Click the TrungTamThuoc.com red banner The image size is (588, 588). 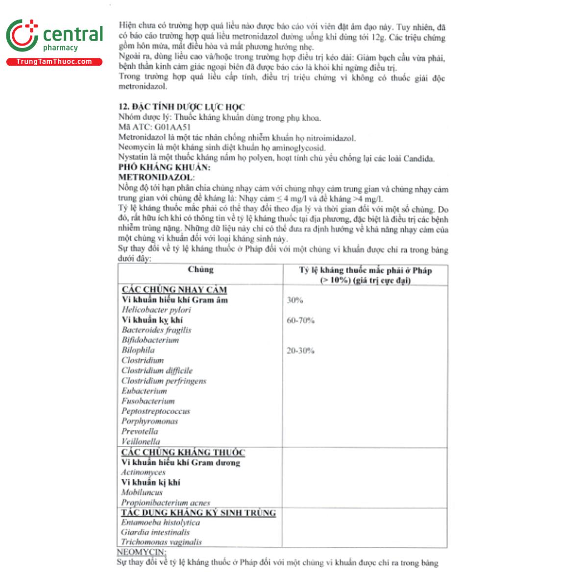(x=54, y=62)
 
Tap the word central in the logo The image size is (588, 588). (x=73, y=34)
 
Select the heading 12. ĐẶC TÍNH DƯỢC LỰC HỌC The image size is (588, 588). (x=181, y=107)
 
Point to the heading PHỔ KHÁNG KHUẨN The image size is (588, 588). (x=164, y=168)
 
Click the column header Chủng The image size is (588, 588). (x=200, y=269)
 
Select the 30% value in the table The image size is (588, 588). (x=295, y=300)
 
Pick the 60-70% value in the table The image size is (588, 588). (x=301, y=320)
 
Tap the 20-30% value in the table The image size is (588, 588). (x=300, y=351)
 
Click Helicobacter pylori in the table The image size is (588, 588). (x=156, y=310)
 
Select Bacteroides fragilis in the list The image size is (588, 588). (x=156, y=330)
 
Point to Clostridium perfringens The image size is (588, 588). (x=164, y=381)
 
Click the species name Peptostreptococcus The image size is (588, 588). (x=155, y=411)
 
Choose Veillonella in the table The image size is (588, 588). (x=141, y=441)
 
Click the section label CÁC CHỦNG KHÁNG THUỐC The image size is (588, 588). (x=183, y=452)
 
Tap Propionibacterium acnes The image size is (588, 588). (x=166, y=502)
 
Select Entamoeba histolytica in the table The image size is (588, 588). (x=161, y=522)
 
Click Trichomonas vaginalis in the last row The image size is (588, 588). (x=162, y=542)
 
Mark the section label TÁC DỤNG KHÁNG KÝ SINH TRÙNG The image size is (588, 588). (x=198, y=513)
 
